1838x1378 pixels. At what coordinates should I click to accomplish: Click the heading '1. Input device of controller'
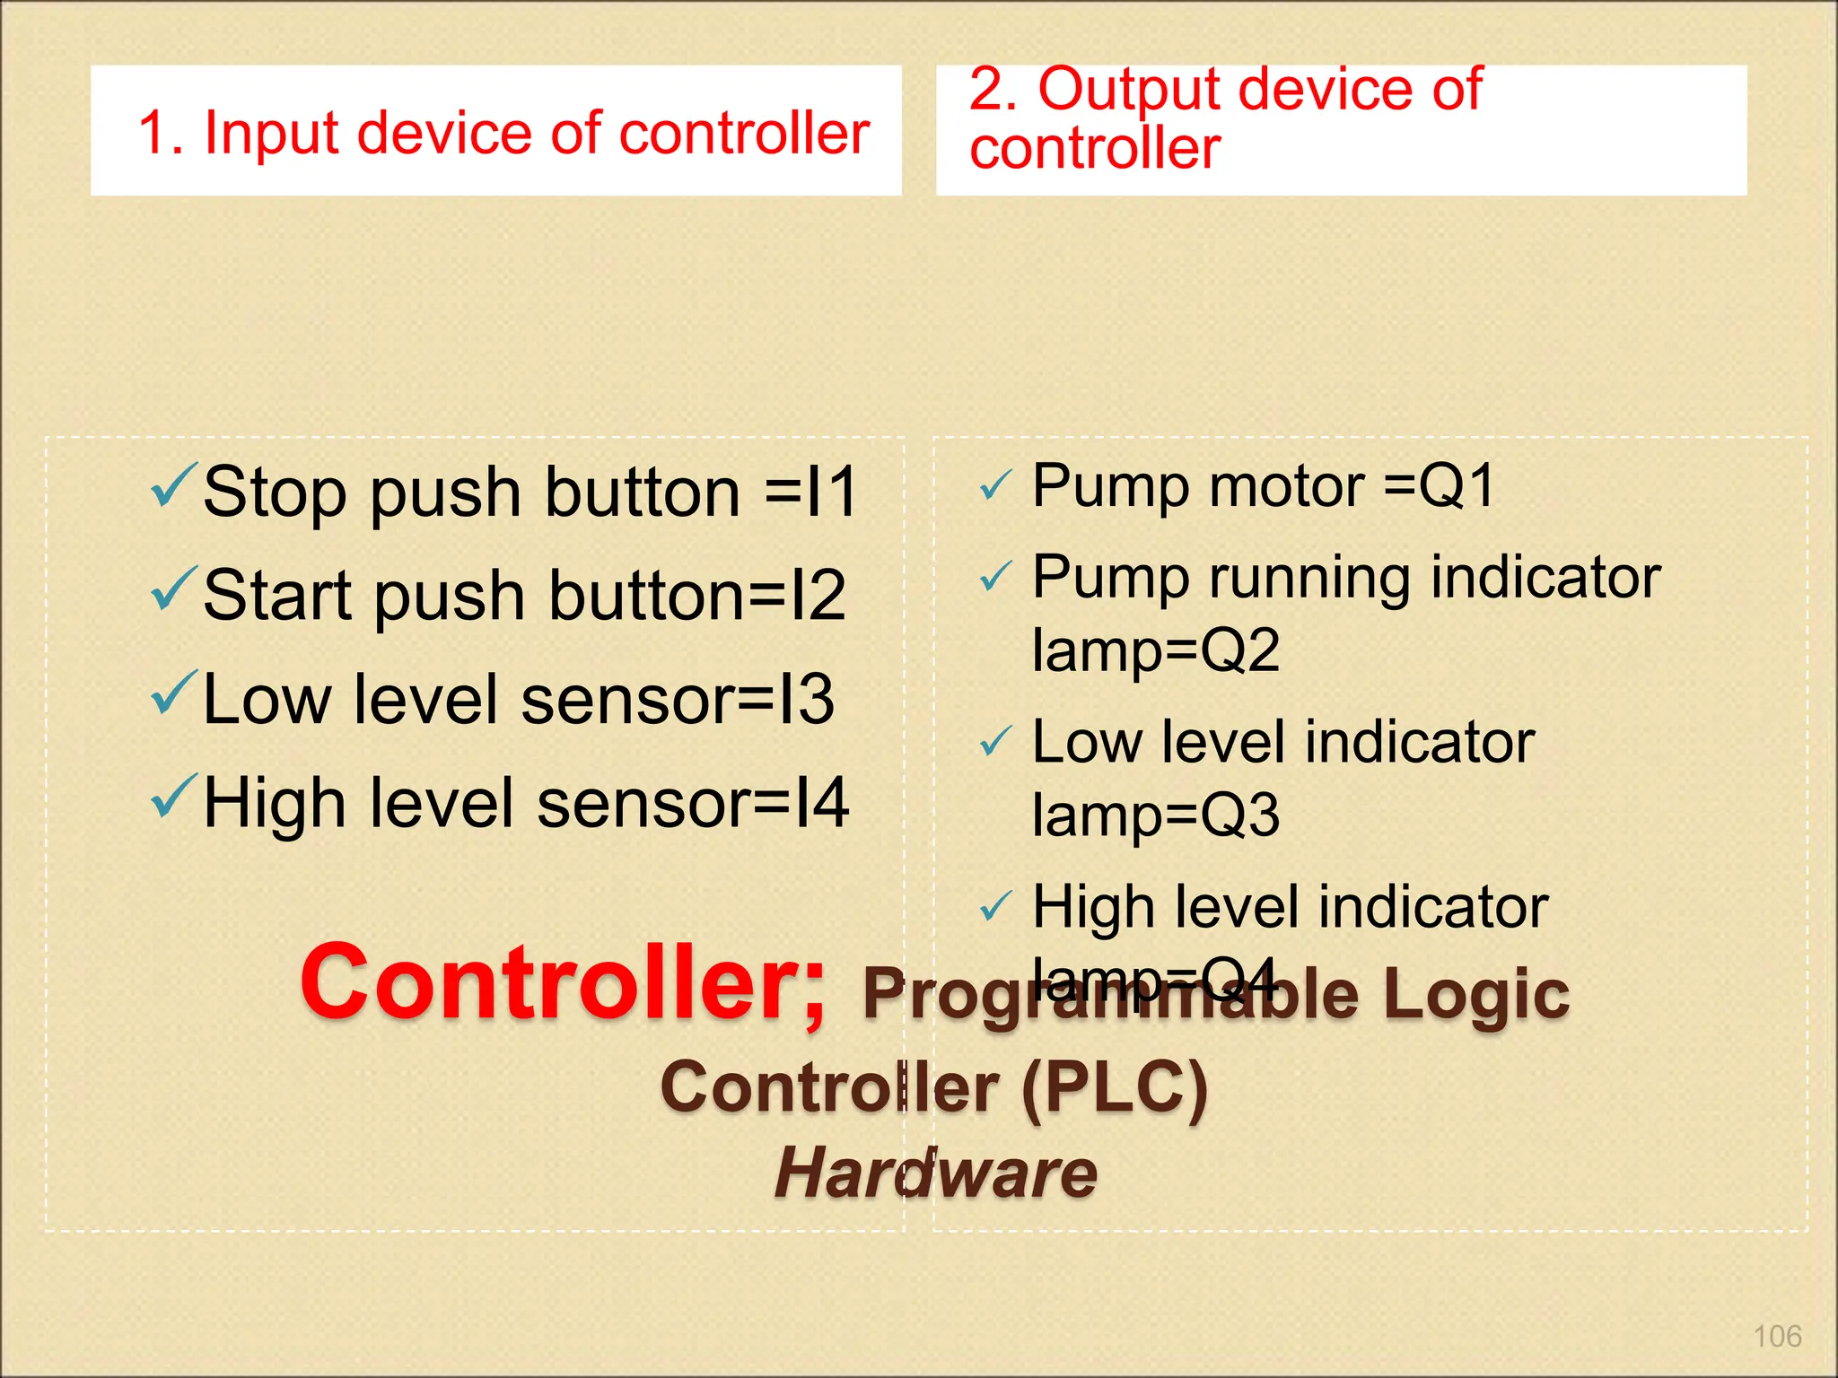pyautogui.click(x=503, y=133)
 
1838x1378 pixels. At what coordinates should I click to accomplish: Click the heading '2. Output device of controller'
pyautogui.click(x=1225, y=118)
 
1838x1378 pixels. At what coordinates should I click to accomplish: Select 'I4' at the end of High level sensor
pyautogui.click(x=821, y=802)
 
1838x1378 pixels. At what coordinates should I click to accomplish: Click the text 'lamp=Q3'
pyautogui.click(x=1155, y=815)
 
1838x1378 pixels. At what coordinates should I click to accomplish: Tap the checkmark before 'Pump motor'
pyautogui.click(x=995, y=486)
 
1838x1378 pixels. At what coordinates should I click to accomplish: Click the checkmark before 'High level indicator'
pyautogui.click(x=995, y=907)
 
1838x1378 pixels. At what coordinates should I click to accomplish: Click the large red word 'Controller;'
pyautogui.click(x=563, y=983)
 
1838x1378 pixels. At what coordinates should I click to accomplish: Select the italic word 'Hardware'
pyautogui.click(x=935, y=1173)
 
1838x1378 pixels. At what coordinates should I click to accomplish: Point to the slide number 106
pyautogui.click(x=1777, y=1337)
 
